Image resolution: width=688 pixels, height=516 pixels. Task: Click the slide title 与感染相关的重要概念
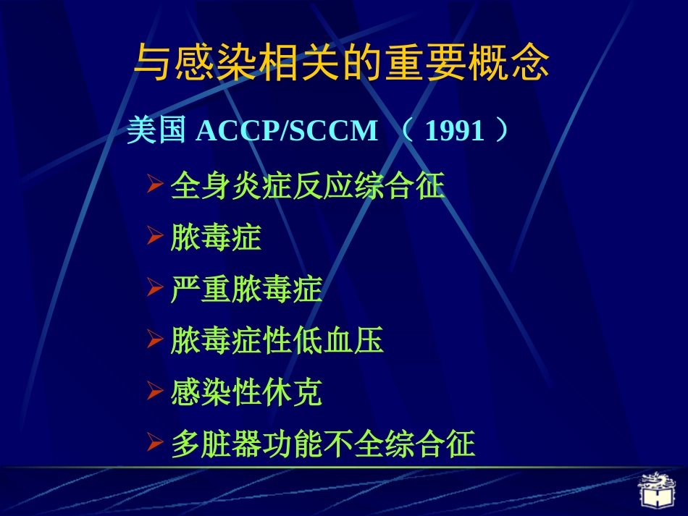tap(342, 63)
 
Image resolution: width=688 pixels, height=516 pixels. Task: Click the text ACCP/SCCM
tap(287, 132)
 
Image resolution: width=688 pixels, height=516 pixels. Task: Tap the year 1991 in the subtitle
tap(454, 132)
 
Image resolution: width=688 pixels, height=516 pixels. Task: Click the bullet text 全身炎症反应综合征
tap(307, 186)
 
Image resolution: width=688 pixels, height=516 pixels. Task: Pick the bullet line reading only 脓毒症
tap(216, 237)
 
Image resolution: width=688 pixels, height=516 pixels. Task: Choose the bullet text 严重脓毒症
tap(246, 289)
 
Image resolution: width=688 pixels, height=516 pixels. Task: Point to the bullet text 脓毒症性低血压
tap(277, 341)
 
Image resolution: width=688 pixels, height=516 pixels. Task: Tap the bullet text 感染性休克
tap(246, 393)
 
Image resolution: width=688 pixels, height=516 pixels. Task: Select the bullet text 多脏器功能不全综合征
tap(323, 444)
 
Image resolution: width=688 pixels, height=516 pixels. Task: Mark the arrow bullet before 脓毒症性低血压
tap(154, 340)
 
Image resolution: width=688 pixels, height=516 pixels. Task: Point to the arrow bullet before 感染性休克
tap(154, 392)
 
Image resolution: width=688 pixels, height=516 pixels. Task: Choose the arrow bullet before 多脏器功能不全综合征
tap(154, 444)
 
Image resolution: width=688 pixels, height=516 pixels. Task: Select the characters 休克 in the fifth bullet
tap(292, 393)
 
